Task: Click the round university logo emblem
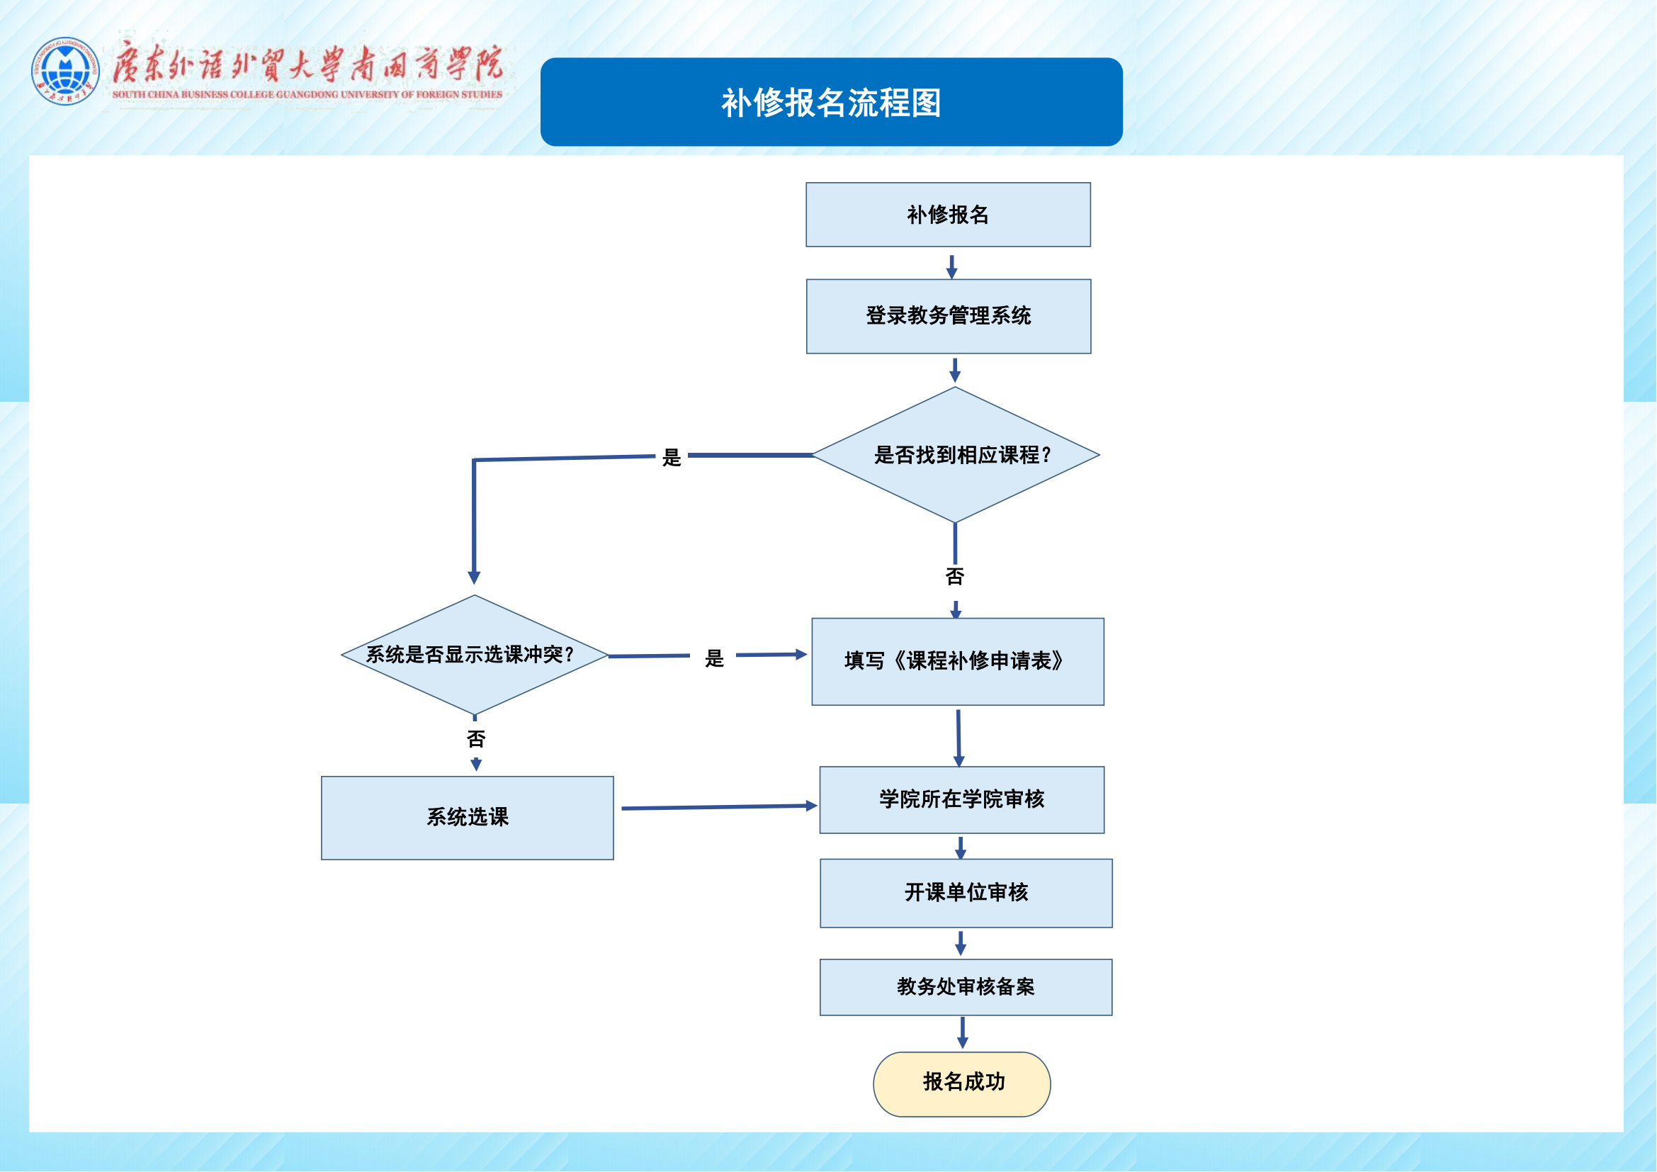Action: pos(65,71)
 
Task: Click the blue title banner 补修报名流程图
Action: pos(832,103)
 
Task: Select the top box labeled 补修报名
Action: pos(949,214)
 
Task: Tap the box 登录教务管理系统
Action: pos(949,316)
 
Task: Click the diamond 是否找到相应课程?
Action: pos(956,455)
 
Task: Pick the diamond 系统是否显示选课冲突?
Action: pos(474,655)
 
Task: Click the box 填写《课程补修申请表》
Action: pos(958,661)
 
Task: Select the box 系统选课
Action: pos(468,818)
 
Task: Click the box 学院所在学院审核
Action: pos(962,799)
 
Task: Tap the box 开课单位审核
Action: pos(966,893)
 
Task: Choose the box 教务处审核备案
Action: pos(966,986)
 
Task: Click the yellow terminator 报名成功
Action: pos(962,1083)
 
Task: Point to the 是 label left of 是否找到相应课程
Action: pos(672,458)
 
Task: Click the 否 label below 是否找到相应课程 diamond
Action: pos(955,577)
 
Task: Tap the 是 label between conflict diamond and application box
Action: pos(715,658)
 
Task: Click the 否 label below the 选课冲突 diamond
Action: pos(476,739)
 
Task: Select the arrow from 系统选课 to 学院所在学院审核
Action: pos(718,808)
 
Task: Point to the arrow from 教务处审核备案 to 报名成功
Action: pos(963,1032)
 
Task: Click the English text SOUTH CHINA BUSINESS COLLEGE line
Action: pos(307,94)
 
